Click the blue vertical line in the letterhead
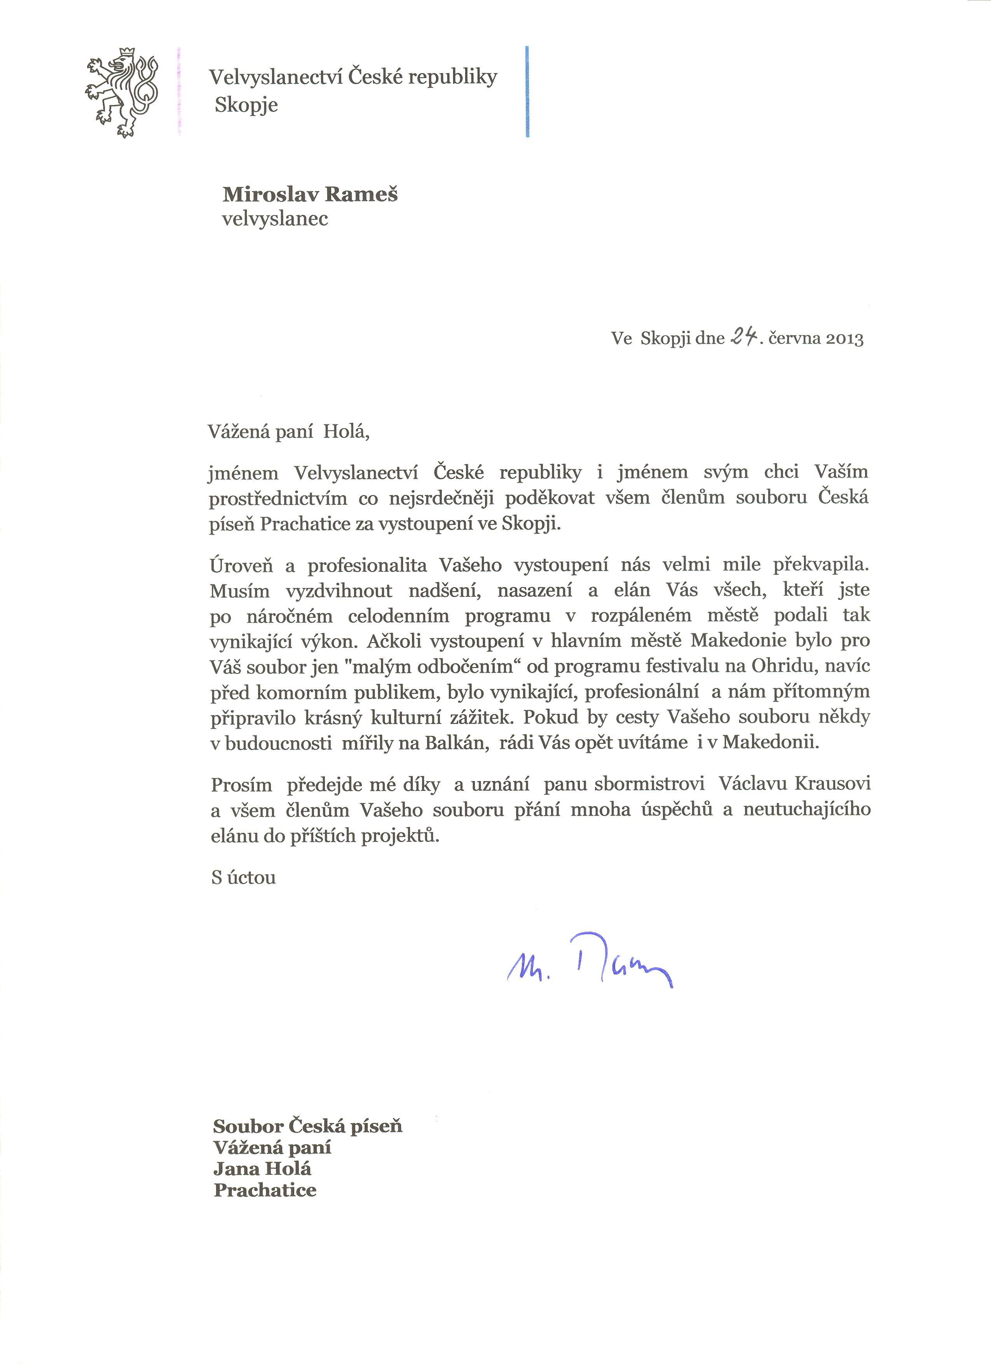click(527, 91)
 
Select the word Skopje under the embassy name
click(246, 105)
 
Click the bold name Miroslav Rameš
click(310, 194)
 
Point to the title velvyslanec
click(275, 218)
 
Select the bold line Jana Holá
click(262, 1168)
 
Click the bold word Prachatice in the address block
click(265, 1190)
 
